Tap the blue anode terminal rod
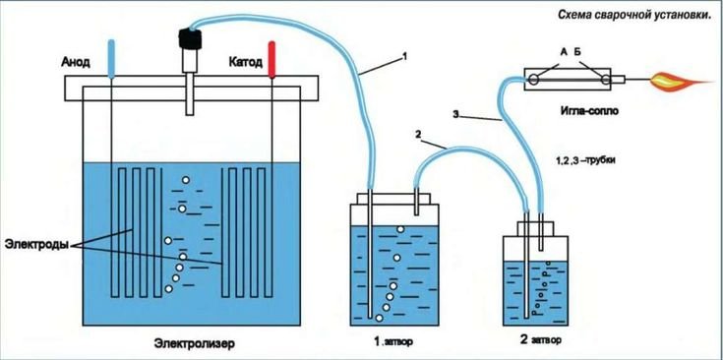112,56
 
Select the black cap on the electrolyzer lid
186,39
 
